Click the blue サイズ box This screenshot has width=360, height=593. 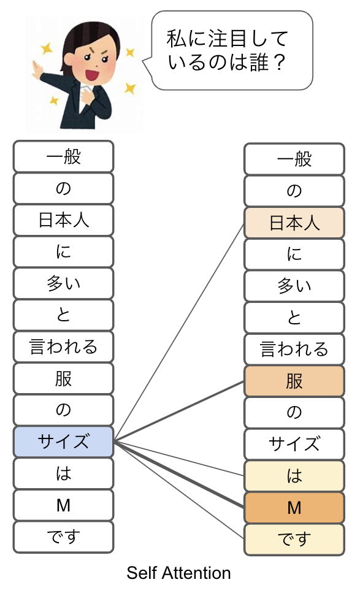(x=64, y=442)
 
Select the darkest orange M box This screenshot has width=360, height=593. (x=294, y=508)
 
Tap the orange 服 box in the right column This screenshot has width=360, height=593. (x=294, y=381)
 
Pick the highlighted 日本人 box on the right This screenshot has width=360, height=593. (x=294, y=223)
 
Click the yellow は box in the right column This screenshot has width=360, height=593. (x=294, y=476)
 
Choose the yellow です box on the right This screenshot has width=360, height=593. (x=294, y=539)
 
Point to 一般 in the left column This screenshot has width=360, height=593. (x=64, y=156)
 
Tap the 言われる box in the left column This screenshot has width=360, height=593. (x=64, y=346)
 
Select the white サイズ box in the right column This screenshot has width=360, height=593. (x=294, y=444)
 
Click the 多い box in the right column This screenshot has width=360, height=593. (x=294, y=286)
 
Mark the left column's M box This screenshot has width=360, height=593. (x=64, y=505)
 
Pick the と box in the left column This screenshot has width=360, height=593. (x=64, y=315)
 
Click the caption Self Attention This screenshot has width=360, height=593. (x=178, y=573)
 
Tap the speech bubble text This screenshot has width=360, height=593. (x=227, y=51)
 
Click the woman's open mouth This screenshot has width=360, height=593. (x=92, y=74)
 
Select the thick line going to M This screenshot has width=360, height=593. (x=179, y=474)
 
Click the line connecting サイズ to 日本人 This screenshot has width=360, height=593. (x=179, y=332)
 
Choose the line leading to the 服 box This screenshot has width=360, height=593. (x=179, y=411)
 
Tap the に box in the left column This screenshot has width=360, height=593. (x=64, y=251)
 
